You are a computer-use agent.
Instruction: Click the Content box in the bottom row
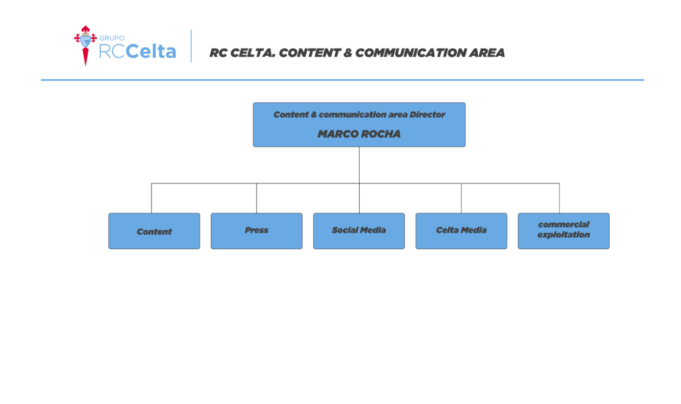(154, 231)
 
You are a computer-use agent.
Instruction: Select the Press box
(257, 231)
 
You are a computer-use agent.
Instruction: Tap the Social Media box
(358, 231)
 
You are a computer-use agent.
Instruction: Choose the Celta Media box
(462, 231)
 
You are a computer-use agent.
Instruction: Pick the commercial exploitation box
(564, 231)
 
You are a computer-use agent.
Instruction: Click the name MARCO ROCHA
(359, 134)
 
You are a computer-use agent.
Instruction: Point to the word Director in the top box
(428, 114)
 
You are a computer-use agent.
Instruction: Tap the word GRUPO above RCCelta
(112, 38)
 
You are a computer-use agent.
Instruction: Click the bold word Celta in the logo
(151, 50)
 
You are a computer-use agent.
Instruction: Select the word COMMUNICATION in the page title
(410, 53)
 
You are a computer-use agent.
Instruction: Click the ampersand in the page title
(347, 53)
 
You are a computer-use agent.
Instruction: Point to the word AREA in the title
(486, 53)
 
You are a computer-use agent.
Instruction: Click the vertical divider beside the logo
(191, 46)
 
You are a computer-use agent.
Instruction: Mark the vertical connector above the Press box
(256, 198)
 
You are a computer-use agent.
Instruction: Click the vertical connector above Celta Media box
(462, 198)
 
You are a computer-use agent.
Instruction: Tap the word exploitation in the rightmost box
(564, 235)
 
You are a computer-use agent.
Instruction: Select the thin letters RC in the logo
(112, 51)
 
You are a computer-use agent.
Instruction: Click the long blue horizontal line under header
(342, 80)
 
